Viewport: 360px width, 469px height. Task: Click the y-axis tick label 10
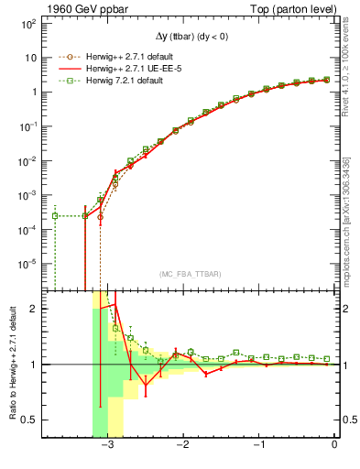coord(29,57)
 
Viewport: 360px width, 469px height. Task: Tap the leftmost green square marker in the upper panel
coord(56,216)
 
